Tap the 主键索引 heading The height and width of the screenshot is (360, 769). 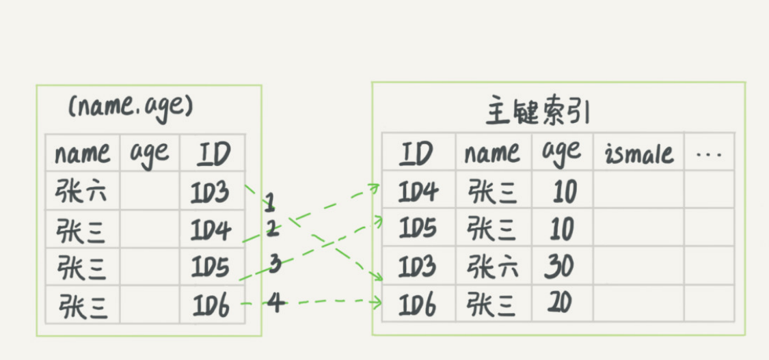click(x=537, y=114)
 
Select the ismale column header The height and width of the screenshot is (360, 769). click(x=639, y=153)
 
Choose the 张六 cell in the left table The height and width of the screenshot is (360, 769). click(x=81, y=191)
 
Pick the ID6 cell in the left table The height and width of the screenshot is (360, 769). click(x=211, y=305)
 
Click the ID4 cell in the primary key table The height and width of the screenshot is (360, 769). click(x=418, y=192)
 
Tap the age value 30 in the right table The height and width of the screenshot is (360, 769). click(x=559, y=266)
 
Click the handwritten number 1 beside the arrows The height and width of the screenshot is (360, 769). click(x=269, y=204)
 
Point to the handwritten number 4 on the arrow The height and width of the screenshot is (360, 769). click(x=275, y=303)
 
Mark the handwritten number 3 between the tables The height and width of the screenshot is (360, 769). click(x=275, y=265)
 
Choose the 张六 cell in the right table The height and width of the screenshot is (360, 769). click(x=492, y=266)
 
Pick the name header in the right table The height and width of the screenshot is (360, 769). click(x=492, y=153)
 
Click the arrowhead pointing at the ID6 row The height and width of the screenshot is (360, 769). click(x=379, y=303)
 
